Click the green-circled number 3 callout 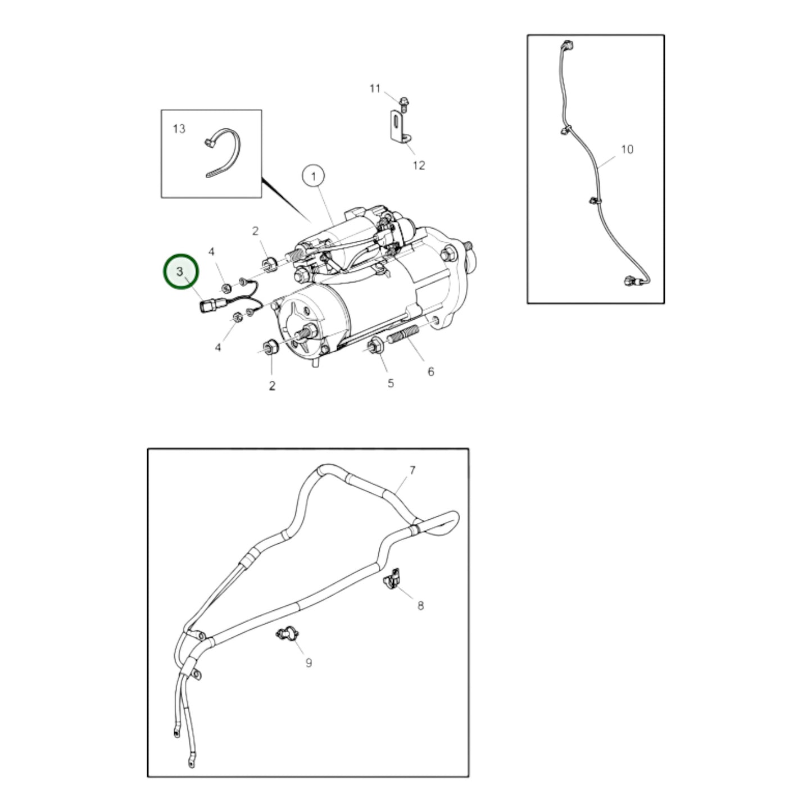(180, 271)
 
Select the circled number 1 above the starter (314, 176)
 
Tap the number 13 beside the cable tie (179, 129)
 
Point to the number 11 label (375, 89)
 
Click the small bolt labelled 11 (402, 103)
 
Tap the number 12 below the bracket (419, 165)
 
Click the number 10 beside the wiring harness (627, 149)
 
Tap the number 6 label (430, 371)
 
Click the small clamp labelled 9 (287, 635)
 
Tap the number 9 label (309, 663)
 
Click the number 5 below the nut (391, 383)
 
